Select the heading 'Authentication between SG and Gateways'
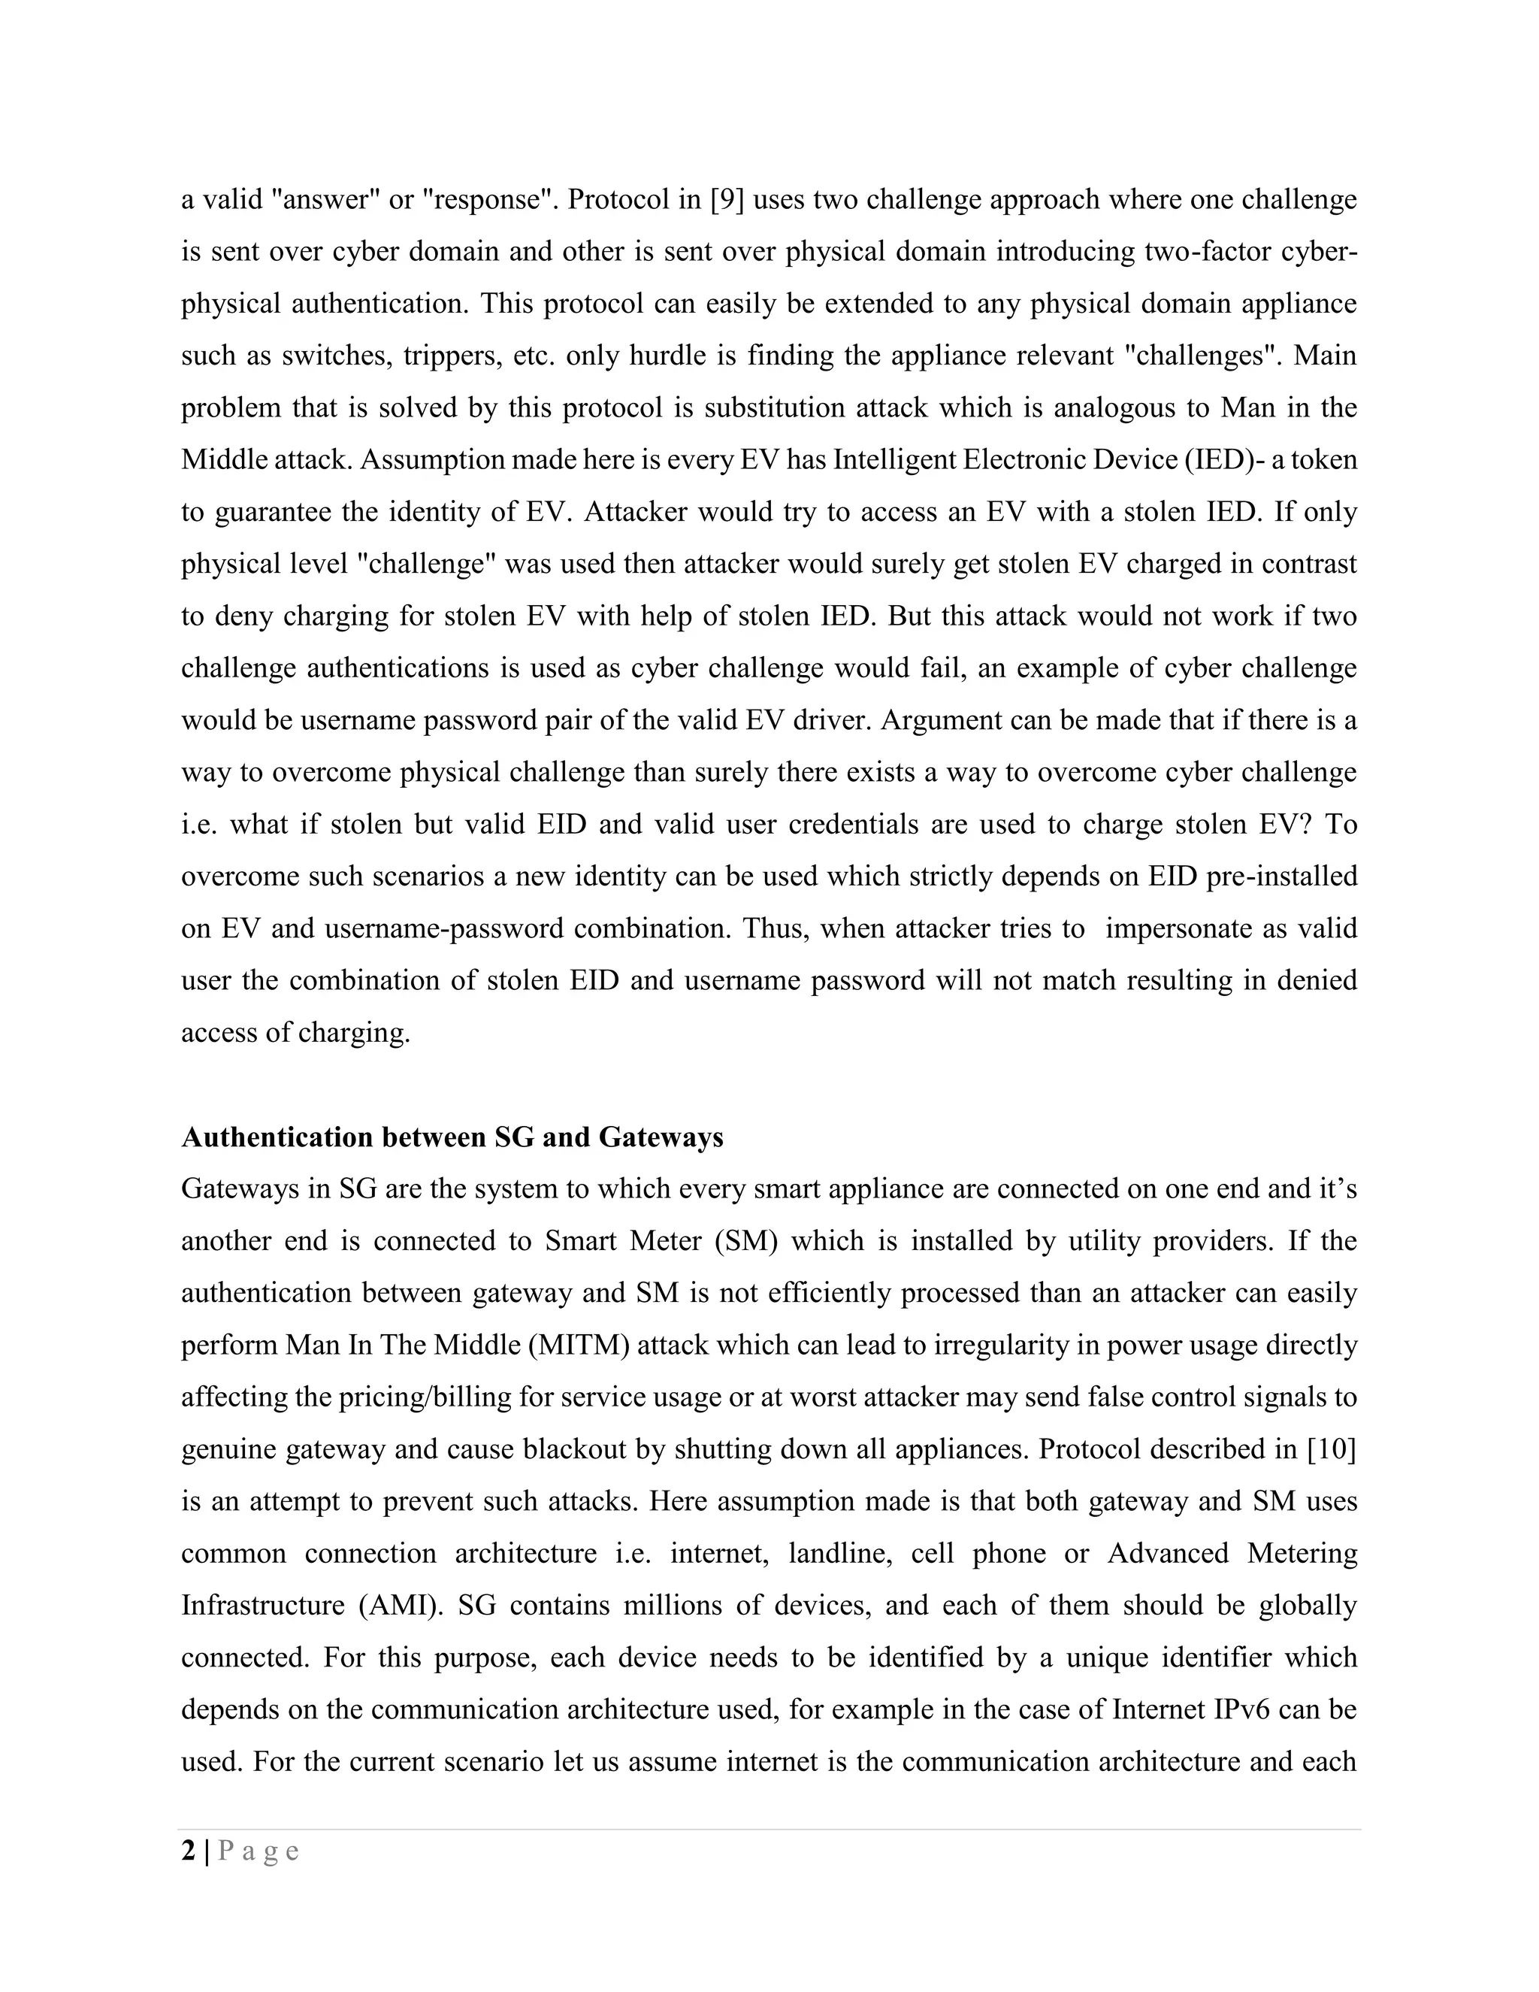click(452, 1137)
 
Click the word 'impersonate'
click(1175, 928)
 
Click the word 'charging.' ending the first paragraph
click(351, 1033)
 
